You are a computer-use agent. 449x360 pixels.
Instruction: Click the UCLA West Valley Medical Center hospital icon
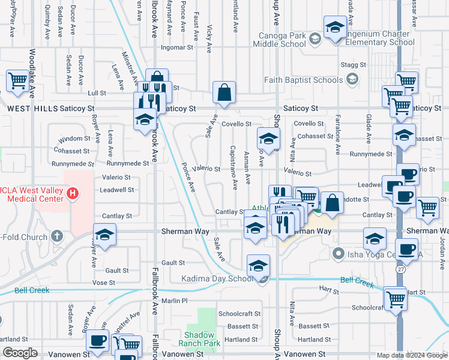73,193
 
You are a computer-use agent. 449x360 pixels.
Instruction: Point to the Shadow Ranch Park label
199,338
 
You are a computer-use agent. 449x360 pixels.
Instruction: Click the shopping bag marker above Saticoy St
224,92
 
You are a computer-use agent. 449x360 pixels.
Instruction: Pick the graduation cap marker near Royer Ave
104,234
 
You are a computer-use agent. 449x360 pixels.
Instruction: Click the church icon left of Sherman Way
57,237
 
